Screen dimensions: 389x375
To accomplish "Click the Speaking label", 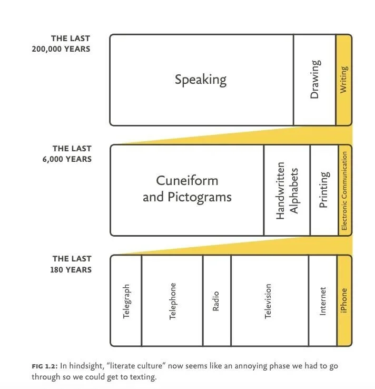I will pos(201,80).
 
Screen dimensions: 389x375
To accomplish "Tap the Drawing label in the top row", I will pos(314,80).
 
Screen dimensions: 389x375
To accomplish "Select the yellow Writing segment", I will pos(343,80).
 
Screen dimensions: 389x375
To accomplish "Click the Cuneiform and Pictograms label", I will pos(187,188).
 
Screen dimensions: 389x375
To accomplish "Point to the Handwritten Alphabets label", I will pos(287,190).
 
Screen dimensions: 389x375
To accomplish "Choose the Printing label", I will pos(324,190).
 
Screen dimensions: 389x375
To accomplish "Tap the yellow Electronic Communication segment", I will pos(344,190).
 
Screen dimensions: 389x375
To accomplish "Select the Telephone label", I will pos(173,301).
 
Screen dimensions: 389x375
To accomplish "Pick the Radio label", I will pos(215,301).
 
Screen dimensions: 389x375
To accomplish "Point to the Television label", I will pos(268,301).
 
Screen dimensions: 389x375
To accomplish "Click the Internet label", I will pos(323,301).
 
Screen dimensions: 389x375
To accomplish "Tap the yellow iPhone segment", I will pos(344,301).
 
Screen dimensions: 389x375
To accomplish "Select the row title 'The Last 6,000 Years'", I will pos(72,154).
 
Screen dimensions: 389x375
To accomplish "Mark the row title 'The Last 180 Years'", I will pos(72,264).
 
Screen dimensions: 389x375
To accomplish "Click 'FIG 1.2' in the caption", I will pos(44,366).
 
